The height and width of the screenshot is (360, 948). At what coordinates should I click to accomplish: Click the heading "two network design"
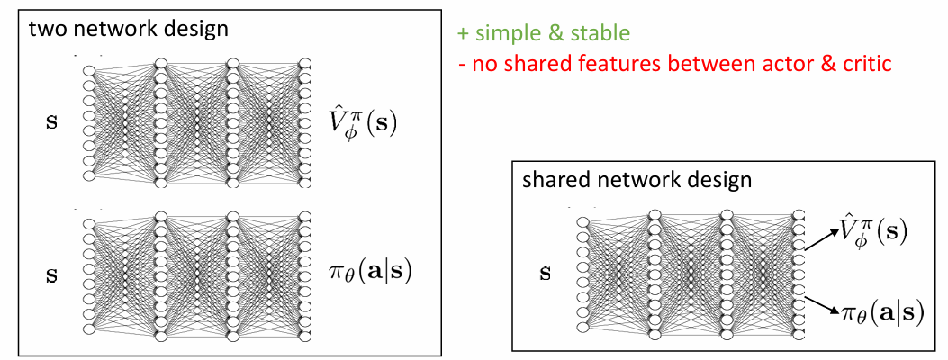pos(128,28)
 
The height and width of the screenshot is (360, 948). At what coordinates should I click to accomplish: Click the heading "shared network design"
pos(637,180)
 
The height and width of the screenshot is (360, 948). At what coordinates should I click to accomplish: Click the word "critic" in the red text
pos(862,65)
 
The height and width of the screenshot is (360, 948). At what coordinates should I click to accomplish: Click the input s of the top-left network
pos(50,121)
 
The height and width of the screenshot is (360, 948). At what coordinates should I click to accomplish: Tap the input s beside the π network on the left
pos(50,271)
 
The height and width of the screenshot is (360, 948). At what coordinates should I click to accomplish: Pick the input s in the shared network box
pos(545,271)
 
